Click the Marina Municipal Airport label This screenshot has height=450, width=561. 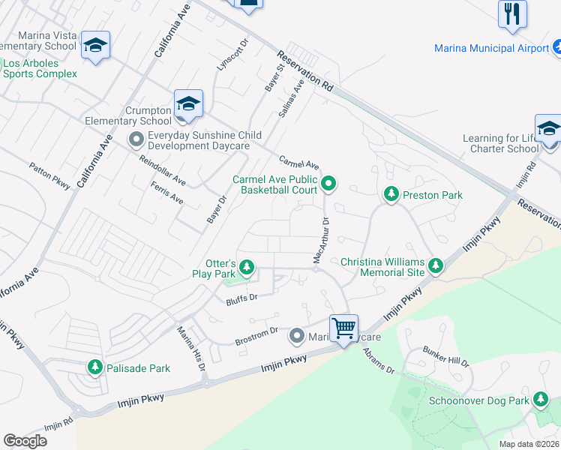tap(491, 48)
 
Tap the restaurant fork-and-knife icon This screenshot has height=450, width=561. tap(512, 13)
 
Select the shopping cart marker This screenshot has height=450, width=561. tap(343, 327)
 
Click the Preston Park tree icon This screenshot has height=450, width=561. tap(391, 195)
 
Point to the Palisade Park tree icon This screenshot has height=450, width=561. tap(94, 367)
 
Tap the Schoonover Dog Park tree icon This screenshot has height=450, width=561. tap(540, 400)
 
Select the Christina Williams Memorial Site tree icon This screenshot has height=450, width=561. tap(436, 265)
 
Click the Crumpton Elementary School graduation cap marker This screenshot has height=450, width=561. tap(187, 103)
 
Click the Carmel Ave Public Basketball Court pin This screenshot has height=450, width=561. tap(328, 183)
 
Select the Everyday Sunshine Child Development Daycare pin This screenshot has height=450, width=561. tap(136, 139)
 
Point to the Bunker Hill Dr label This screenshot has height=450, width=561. tap(445, 357)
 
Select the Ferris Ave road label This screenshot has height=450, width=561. tap(166, 193)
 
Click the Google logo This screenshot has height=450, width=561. tap(25, 441)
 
